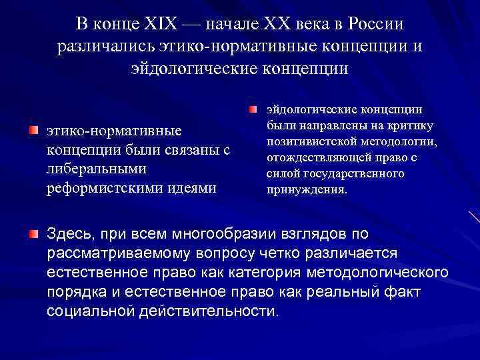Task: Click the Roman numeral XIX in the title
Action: pos(158,24)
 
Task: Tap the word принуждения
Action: pos(305,189)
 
